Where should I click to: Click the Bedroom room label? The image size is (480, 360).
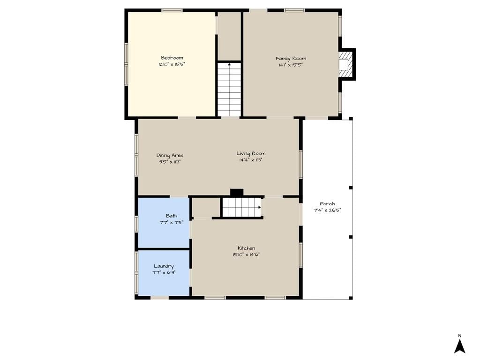[x=172, y=58]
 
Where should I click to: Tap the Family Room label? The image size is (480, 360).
[x=291, y=58]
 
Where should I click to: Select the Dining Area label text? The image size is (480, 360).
[x=170, y=155]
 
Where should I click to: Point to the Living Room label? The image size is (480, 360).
[x=251, y=153]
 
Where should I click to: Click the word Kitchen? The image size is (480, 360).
[x=246, y=248]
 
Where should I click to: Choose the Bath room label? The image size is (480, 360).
[x=172, y=216]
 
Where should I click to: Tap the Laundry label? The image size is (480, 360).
[x=164, y=266]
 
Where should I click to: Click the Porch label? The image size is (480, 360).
[x=327, y=203]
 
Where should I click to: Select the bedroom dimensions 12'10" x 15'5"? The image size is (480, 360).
[x=172, y=64]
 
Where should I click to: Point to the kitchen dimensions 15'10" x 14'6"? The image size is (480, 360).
[x=246, y=255]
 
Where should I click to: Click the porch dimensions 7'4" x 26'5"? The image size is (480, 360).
[x=327, y=210]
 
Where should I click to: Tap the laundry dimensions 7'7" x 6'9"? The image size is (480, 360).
[x=164, y=272]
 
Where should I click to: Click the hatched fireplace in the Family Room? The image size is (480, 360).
[x=345, y=64]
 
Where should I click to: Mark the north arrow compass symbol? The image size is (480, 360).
[x=459, y=346]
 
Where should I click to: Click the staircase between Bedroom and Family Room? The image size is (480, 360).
[x=229, y=90]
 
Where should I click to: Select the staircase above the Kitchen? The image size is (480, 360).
[x=242, y=208]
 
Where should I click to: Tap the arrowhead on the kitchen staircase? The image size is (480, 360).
[x=260, y=207]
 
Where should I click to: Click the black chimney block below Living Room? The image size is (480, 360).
[x=237, y=193]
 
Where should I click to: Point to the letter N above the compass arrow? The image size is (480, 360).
[x=459, y=336]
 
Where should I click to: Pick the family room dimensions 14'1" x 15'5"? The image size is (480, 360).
[x=291, y=65]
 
